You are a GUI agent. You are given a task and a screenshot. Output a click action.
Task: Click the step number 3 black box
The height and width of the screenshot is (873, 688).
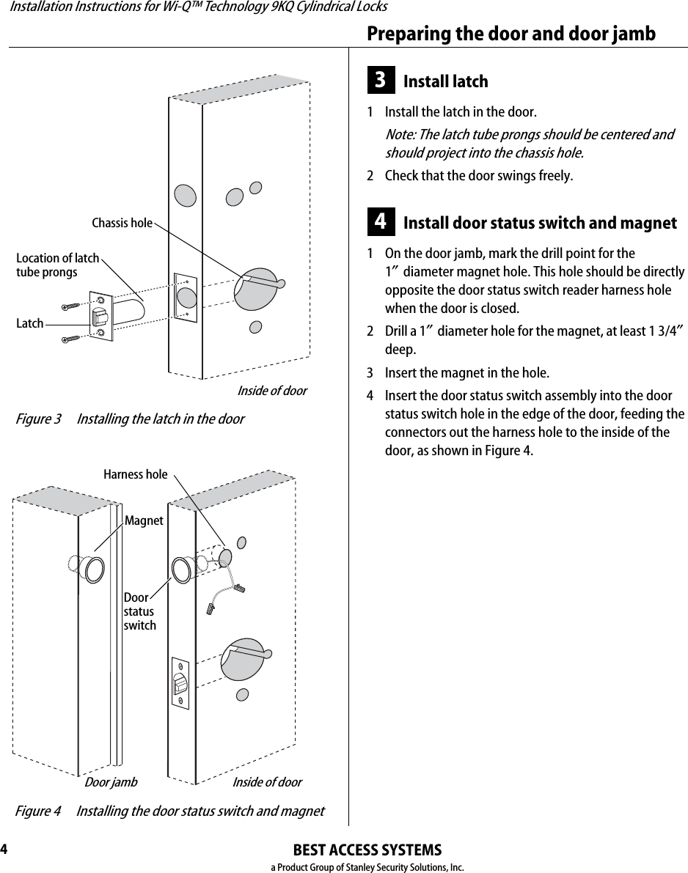click(x=381, y=81)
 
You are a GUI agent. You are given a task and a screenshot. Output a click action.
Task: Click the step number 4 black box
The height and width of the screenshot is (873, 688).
click(x=381, y=222)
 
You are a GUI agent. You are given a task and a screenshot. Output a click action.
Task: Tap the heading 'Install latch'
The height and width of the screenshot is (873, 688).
click(x=445, y=81)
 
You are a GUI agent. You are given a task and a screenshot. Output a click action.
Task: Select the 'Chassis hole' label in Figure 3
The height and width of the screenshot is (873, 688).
click(x=122, y=223)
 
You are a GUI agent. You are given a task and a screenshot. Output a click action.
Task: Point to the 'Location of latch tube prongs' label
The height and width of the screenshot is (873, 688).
click(x=57, y=265)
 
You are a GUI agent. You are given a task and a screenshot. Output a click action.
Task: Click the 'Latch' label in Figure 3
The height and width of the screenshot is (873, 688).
click(x=30, y=323)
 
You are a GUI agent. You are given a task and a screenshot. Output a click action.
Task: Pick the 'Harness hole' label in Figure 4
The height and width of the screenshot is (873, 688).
click(x=135, y=474)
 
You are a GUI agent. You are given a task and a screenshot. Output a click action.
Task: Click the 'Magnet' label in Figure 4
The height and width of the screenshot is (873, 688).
click(x=144, y=520)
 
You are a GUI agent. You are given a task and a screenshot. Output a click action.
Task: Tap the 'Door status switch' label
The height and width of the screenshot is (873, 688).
click(x=139, y=611)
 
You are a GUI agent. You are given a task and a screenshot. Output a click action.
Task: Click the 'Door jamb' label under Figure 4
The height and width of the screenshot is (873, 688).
click(x=111, y=782)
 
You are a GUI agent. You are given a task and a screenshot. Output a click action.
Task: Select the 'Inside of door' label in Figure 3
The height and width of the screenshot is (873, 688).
click(x=271, y=391)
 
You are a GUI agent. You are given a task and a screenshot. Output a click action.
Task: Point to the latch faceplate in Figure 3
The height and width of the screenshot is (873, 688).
click(x=100, y=317)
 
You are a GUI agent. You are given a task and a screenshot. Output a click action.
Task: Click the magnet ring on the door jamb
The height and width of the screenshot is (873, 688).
click(x=95, y=570)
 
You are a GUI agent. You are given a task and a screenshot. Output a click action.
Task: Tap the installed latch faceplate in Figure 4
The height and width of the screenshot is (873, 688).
click(x=180, y=682)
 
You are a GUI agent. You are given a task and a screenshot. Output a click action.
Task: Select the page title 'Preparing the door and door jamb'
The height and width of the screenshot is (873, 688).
click(x=511, y=34)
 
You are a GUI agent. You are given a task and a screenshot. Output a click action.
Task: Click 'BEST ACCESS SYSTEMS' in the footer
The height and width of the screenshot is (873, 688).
click(x=367, y=850)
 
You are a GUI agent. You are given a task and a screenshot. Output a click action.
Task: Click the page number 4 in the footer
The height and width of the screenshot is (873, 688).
click(x=4, y=850)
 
